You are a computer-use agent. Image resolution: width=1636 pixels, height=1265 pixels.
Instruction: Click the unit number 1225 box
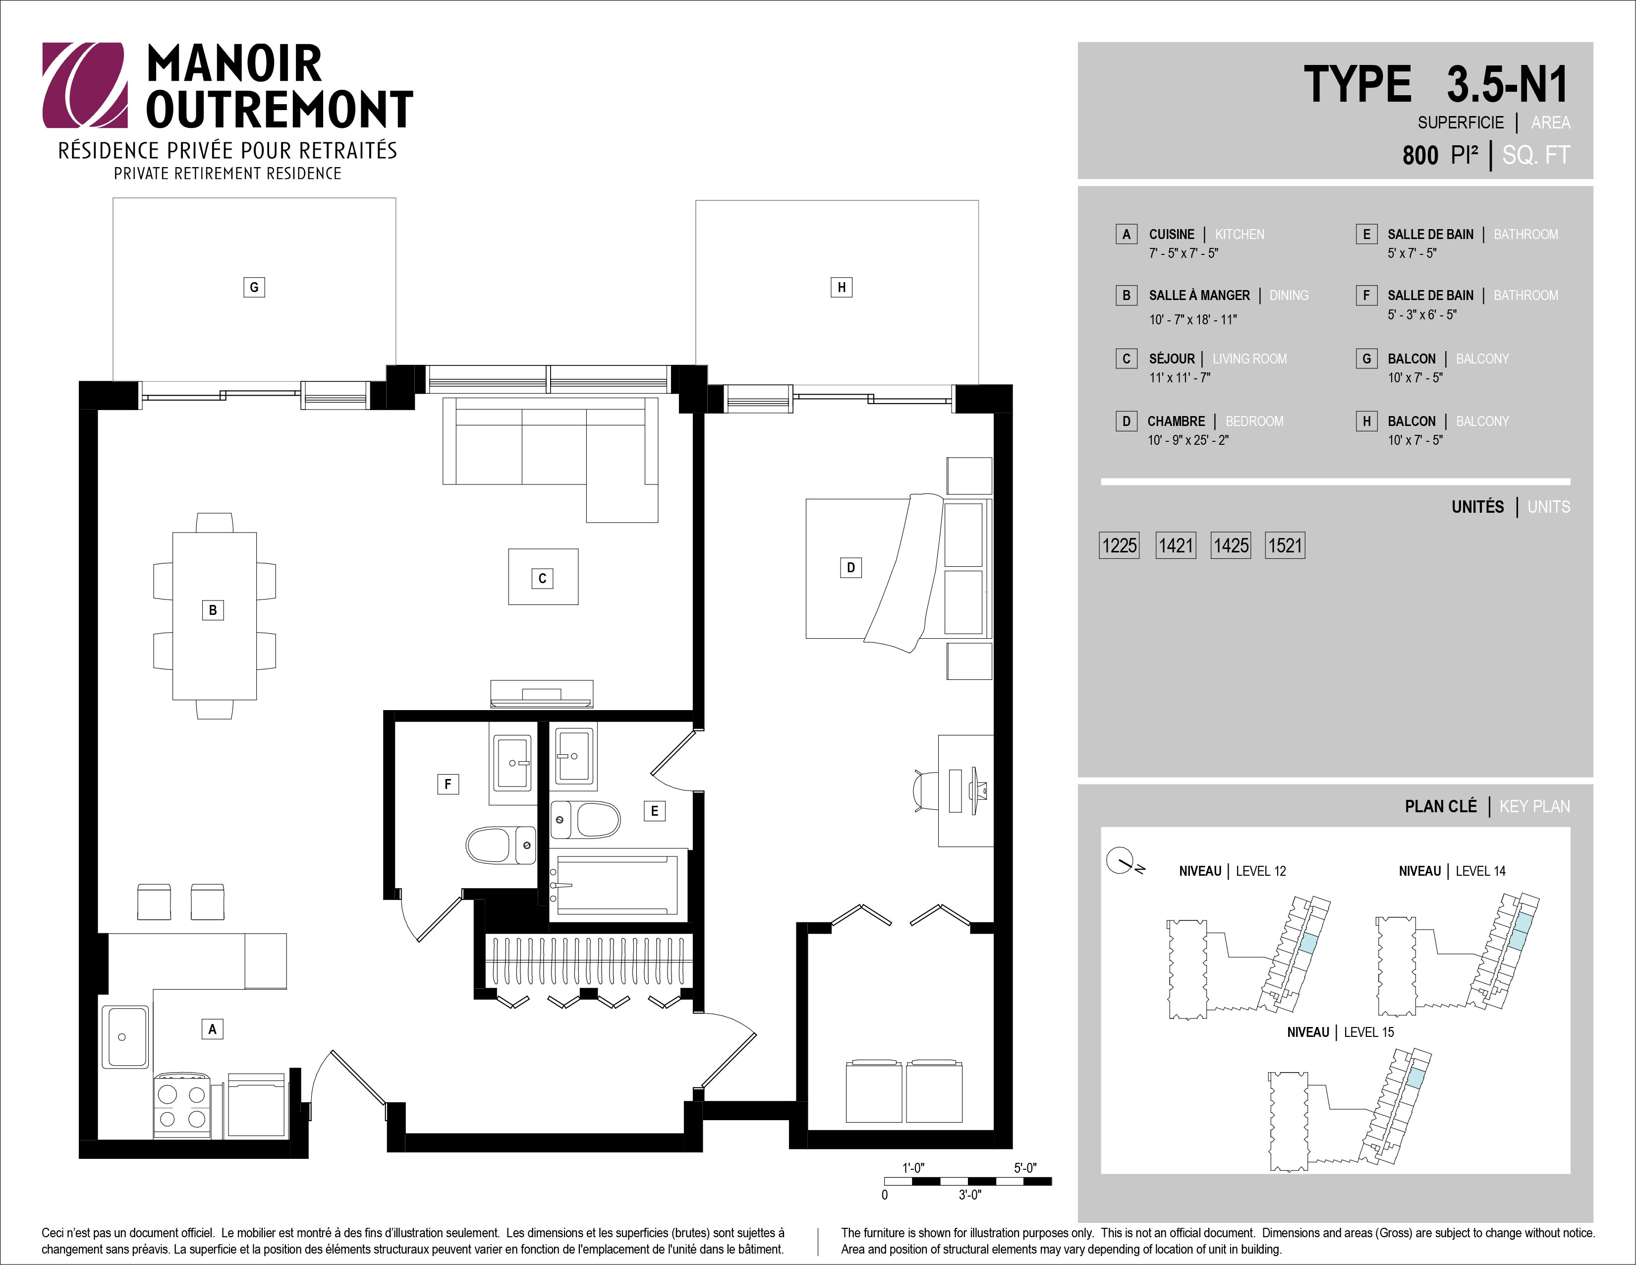[x=1119, y=545]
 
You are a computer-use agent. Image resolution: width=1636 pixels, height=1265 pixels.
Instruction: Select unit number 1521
[x=1285, y=545]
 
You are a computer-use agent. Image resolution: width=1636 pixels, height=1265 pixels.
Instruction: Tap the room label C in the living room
[x=542, y=579]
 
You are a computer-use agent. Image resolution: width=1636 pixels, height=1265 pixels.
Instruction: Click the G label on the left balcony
[x=254, y=287]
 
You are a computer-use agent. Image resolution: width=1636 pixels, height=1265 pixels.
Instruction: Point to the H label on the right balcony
[x=841, y=287]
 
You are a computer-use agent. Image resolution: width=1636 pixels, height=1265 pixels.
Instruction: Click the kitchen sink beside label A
[x=125, y=1036]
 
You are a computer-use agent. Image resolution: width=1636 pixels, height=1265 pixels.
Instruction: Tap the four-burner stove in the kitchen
[x=182, y=1105]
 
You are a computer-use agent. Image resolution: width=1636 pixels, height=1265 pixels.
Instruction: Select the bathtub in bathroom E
[x=618, y=884]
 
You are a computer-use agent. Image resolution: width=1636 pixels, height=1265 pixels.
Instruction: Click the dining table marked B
[x=214, y=616]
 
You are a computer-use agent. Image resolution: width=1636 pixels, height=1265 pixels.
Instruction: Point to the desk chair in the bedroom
[x=926, y=790]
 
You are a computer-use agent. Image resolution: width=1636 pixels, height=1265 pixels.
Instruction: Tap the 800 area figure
[x=1420, y=155]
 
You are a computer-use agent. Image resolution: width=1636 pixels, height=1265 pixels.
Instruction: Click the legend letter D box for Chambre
[x=1126, y=421]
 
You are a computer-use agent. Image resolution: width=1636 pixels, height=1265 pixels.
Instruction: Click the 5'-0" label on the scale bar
[x=1025, y=1168]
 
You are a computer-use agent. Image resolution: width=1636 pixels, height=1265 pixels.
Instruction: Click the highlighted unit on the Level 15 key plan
[x=1415, y=1079]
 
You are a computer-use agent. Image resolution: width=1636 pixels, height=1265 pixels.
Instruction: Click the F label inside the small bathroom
[x=448, y=784]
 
